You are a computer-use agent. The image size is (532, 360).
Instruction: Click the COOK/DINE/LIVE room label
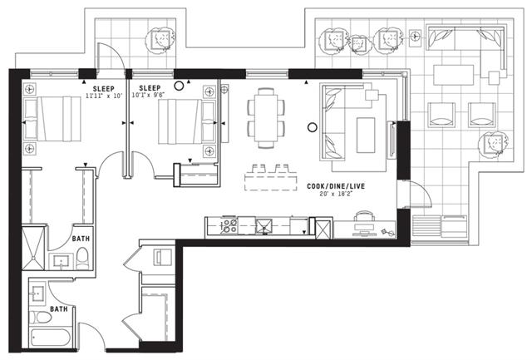(x=336, y=186)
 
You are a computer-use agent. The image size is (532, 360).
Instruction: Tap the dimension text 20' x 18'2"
(x=336, y=194)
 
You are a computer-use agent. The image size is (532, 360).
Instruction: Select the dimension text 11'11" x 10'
(x=103, y=96)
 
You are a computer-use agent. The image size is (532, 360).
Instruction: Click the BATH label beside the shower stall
(x=81, y=239)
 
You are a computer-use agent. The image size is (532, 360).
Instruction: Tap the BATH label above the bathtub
(x=59, y=309)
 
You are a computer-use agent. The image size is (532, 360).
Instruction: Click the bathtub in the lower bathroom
(x=50, y=338)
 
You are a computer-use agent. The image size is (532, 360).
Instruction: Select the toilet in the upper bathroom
(x=82, y=259)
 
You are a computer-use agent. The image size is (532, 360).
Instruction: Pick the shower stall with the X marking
(x=33, y=249)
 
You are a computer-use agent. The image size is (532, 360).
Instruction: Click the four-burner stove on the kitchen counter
(x=229, y=226)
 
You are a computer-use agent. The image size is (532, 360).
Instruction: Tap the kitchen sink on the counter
(x=264, y=226)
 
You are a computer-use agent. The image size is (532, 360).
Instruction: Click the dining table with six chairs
(x=266, y=118)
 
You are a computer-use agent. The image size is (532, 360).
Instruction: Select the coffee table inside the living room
(x=366, y=135)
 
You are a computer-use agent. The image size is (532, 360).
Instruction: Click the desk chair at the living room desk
(x=364, y=217)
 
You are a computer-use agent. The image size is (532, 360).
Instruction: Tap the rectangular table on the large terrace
(x=454, y=75)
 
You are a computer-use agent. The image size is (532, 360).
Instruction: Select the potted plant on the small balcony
(x=160, y=40)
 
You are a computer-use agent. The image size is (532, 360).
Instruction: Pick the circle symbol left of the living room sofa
(x=313, y=127)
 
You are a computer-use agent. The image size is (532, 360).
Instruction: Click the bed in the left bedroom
(x=52, y=118)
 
